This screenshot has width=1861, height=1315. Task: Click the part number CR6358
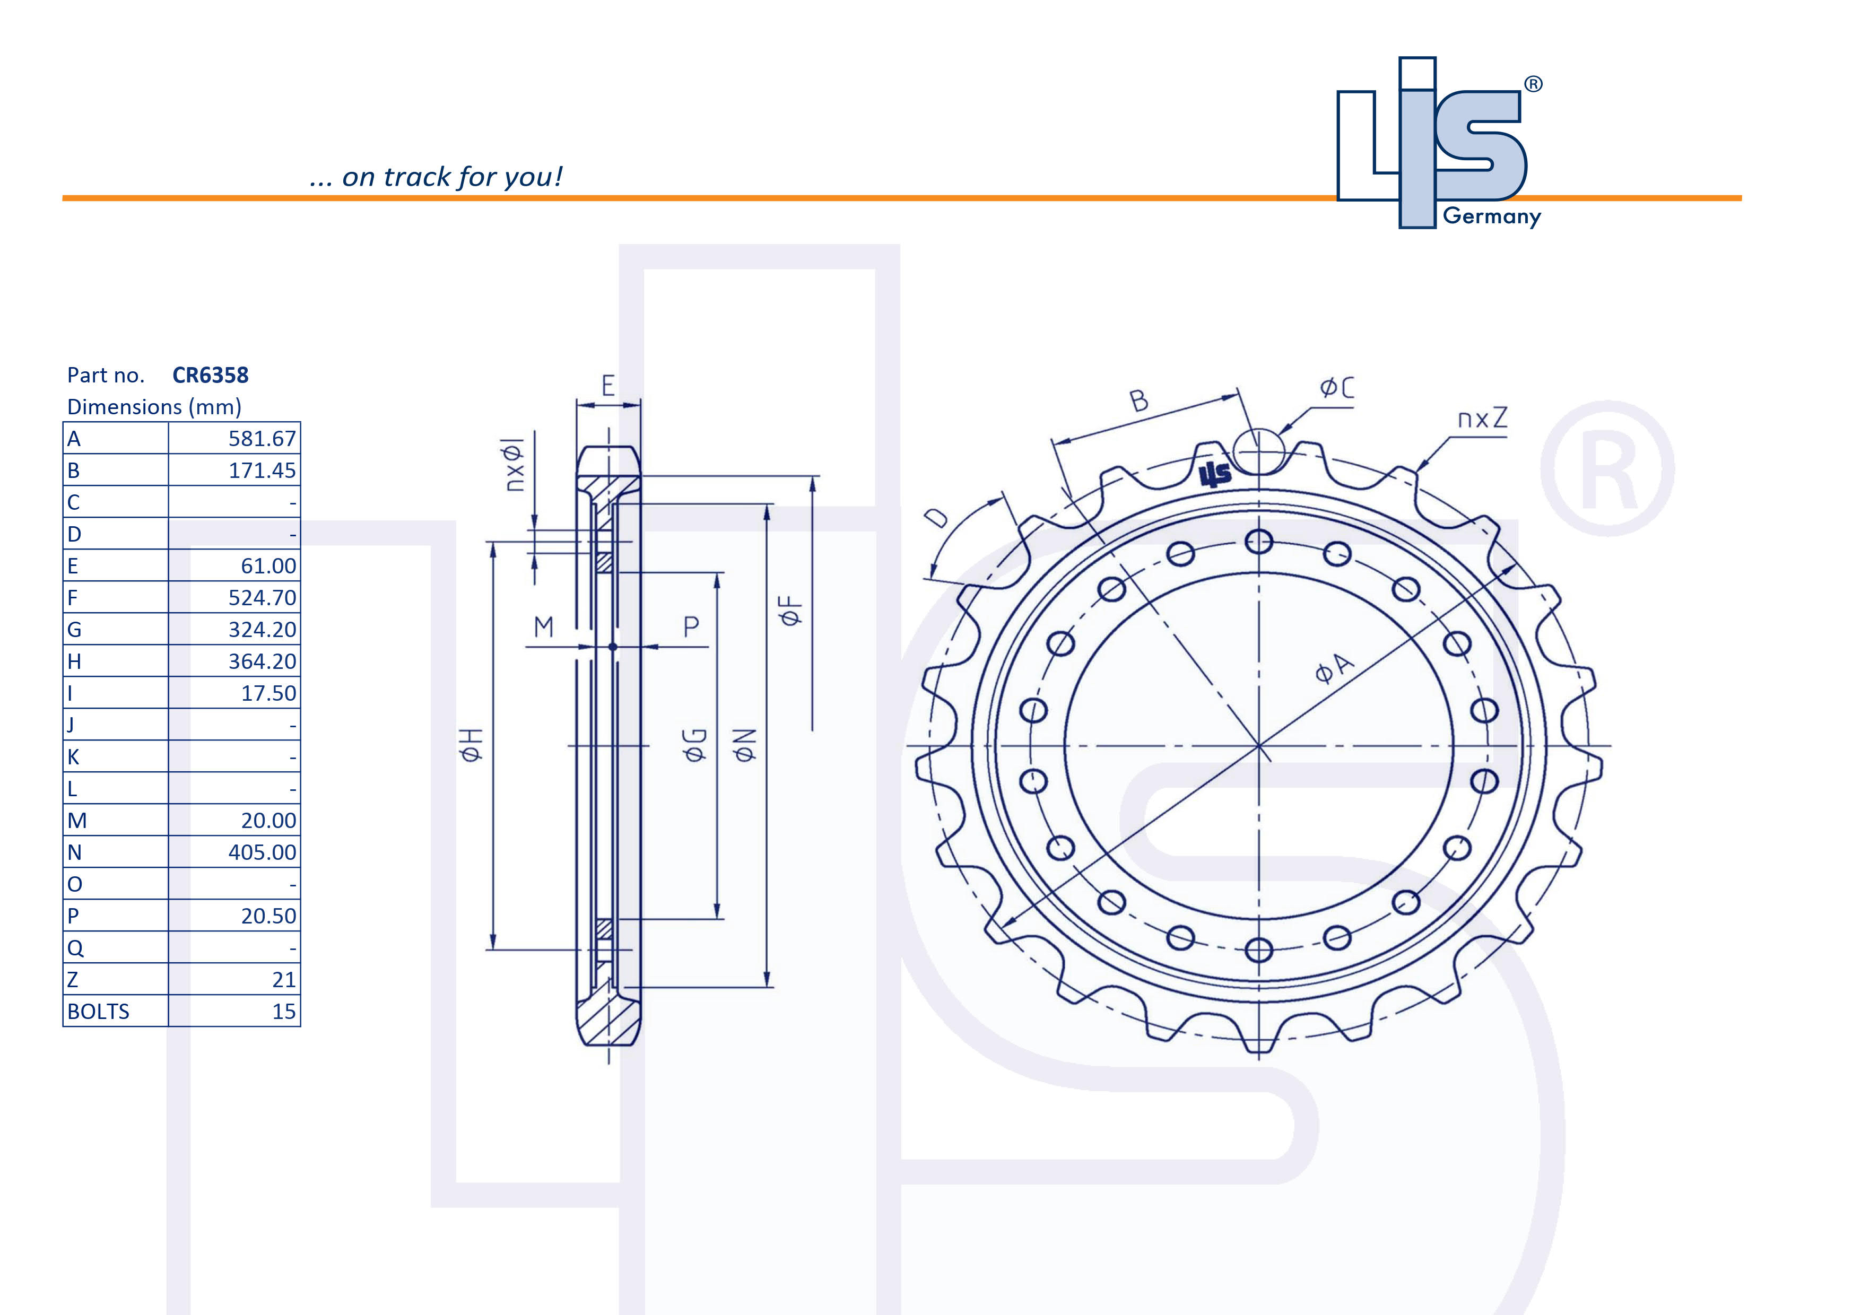click(210, 375)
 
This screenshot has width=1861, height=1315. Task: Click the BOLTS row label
click(98, 1011)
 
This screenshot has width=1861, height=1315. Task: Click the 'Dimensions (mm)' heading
click(154, 407)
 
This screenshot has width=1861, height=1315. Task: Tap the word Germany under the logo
click(1491, 216)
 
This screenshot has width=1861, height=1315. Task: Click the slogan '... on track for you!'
click(436, 177)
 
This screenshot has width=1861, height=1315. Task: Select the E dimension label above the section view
click(608, 386)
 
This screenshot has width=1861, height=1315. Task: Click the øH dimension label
click(471, 745)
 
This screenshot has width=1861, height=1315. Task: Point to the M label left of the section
click(543, 626)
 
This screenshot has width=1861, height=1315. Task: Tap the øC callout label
click(1336, 387)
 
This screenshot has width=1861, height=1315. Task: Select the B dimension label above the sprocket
click(1139, 400)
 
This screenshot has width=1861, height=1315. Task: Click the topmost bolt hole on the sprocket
click(1259, 541)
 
